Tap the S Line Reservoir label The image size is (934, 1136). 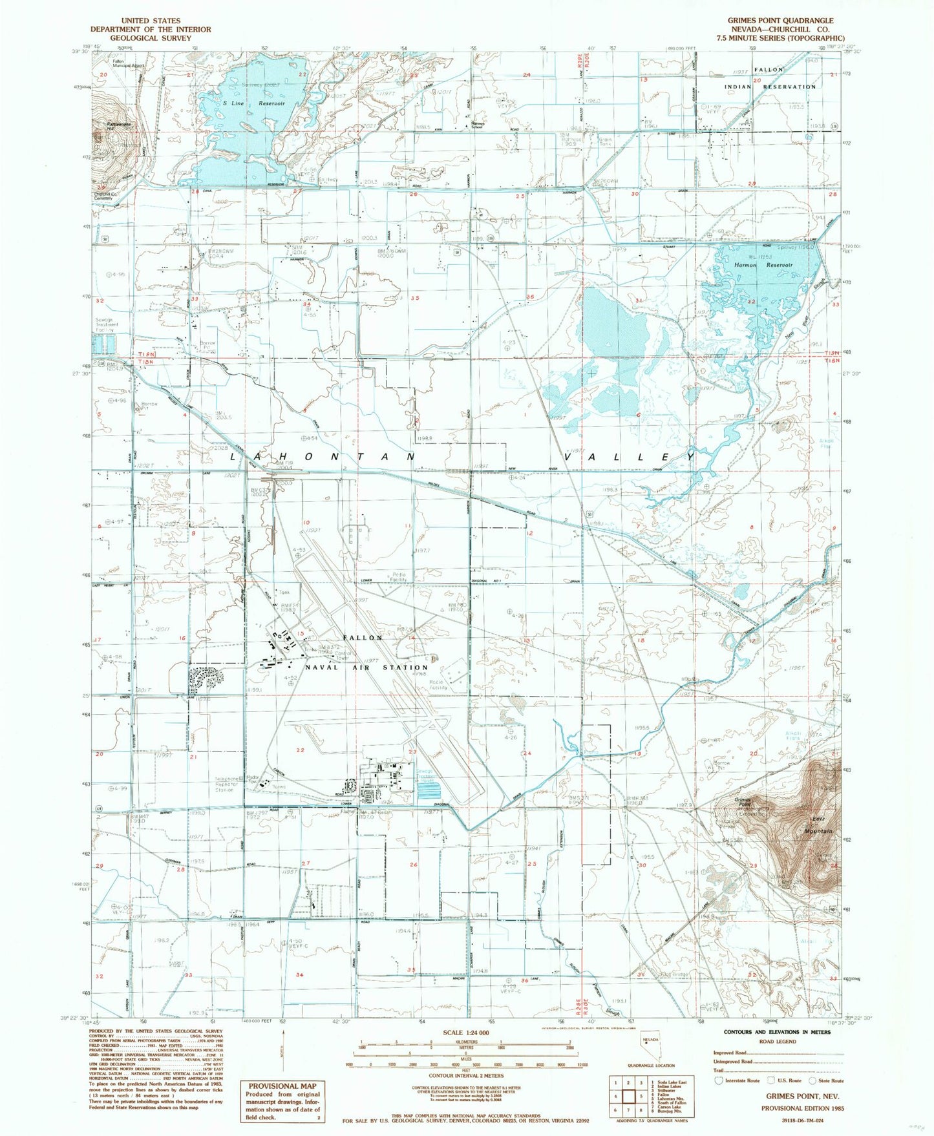(x=253, y=103)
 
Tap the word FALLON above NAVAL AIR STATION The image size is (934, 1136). (x=363, y=638)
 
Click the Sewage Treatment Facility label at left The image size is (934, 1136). (x=105, y=324)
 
